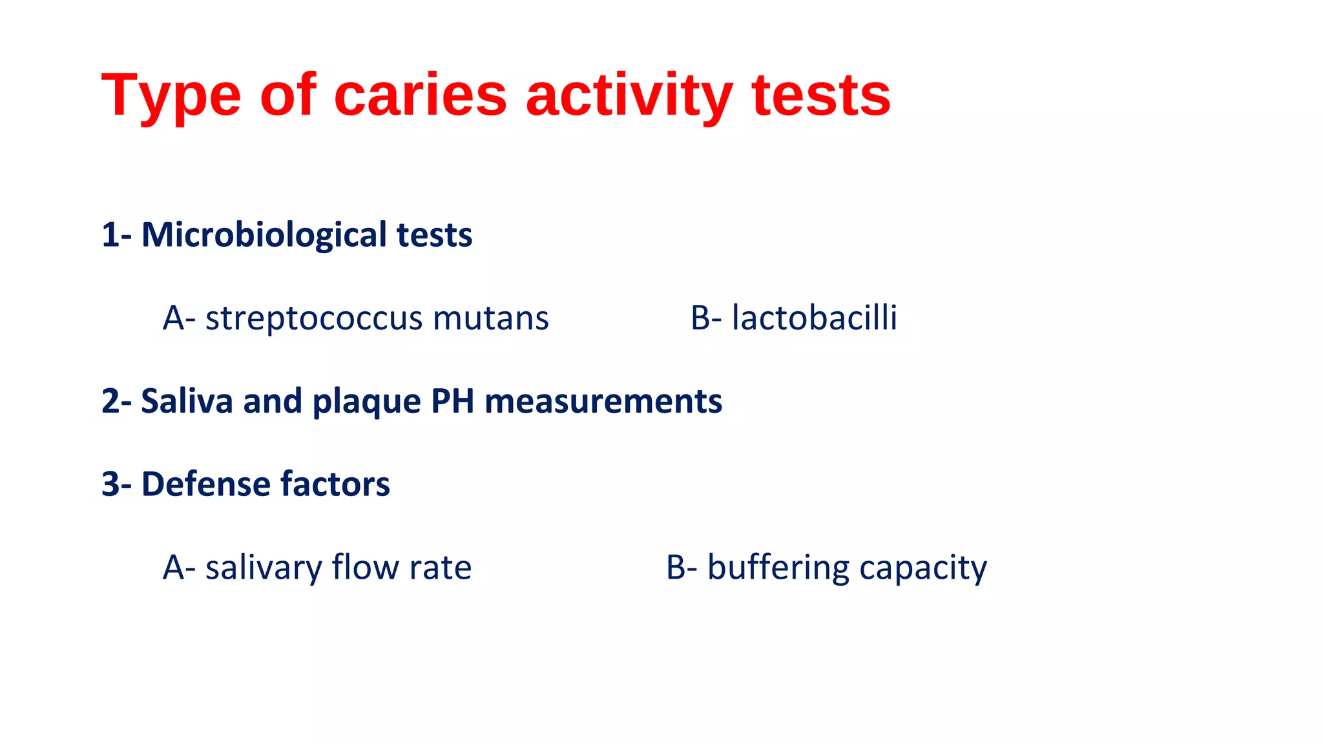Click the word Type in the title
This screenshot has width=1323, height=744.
(171, 97)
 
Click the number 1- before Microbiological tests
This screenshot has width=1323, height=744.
(117, 234)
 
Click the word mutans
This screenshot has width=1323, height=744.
(491, 319)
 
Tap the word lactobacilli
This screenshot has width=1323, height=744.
(814, 318)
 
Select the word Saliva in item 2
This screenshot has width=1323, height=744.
(187, 401)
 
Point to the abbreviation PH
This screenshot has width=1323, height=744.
(452, 401)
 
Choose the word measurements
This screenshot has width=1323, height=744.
(603, 401)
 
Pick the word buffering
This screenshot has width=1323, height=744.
(778, 568)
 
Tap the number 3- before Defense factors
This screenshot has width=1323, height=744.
(117, 484)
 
